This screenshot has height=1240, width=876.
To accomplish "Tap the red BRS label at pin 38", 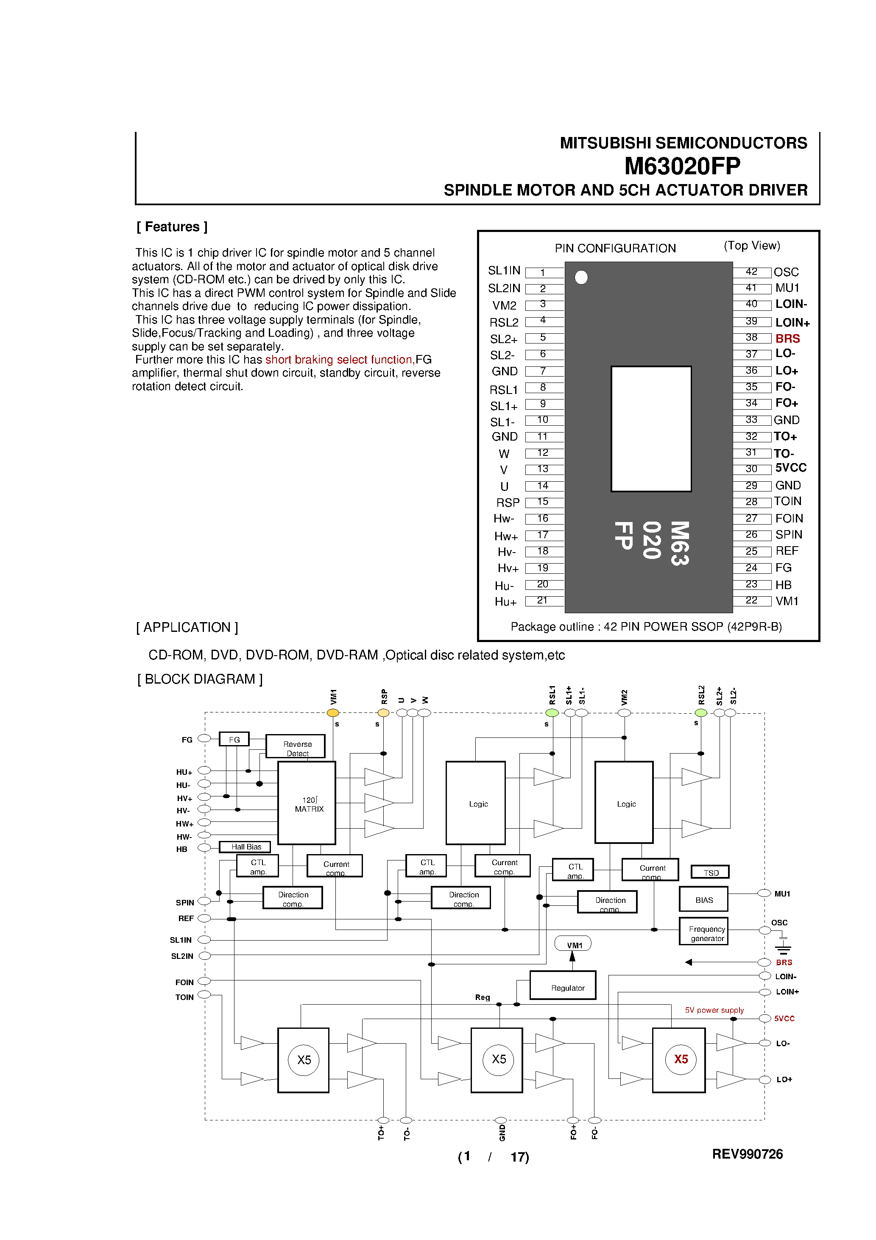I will click(787, 338).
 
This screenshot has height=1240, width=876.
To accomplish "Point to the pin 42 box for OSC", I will click(751, 272).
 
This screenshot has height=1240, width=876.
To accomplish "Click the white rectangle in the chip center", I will click(651, 429).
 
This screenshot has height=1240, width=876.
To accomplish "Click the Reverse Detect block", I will click(296, 746).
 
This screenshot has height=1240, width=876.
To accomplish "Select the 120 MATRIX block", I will click(307, 803).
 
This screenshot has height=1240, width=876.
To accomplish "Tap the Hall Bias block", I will click(245, 847).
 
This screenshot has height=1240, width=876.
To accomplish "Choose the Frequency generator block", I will click(703, 931).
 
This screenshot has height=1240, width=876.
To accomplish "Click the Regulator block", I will click(563, 985).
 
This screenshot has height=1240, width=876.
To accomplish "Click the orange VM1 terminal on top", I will click(333, 713).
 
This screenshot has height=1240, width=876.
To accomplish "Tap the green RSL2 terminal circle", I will click(700, 713).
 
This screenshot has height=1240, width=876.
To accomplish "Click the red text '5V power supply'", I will click(714, 1010).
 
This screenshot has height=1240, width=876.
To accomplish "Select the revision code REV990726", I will click(747, 1154).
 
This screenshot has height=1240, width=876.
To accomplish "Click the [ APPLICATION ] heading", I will click(187, 627).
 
